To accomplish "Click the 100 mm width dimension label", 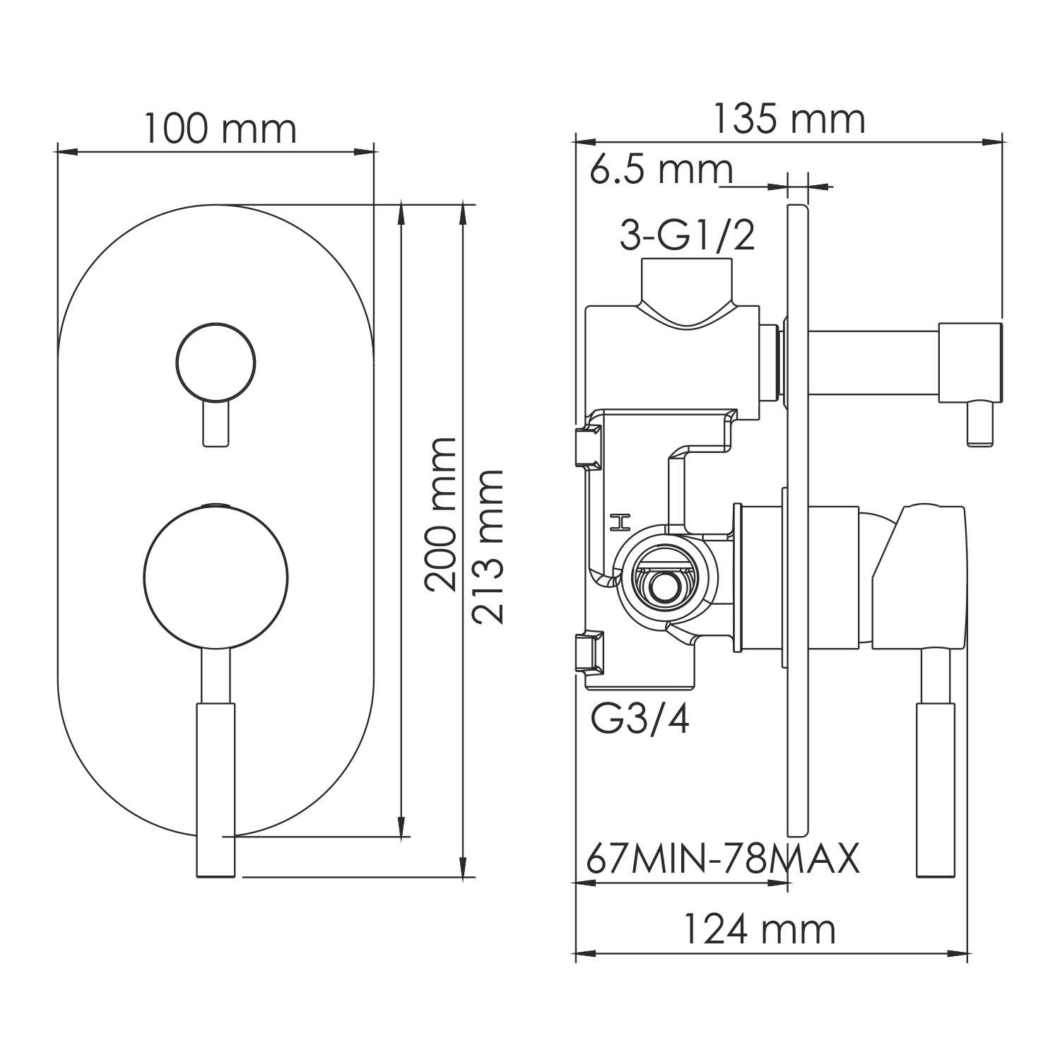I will point(220,129).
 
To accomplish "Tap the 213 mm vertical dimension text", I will point(488,546).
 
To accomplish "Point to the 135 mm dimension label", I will point(788,119).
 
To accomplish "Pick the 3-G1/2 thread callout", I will point(687,236).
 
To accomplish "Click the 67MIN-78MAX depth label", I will point(722,859).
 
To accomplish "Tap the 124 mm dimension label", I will point(759,929).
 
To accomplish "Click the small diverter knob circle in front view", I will point(216,363).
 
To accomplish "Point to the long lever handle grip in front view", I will point(216,788).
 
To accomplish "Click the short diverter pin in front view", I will point(216,424).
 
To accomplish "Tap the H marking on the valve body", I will point(619,523).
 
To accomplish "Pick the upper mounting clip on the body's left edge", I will point(587,447).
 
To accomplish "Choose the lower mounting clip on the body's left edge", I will point(587,654).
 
